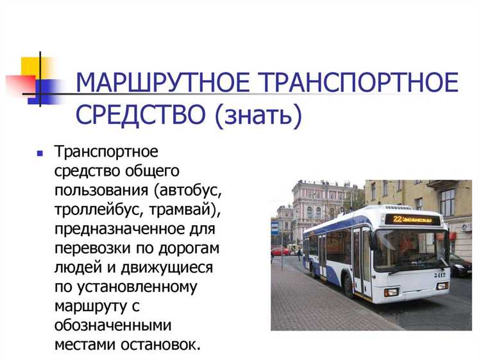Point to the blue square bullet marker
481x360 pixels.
coord(40,154)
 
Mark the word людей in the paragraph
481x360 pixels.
coord(76,267)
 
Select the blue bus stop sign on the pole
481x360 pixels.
coord(275,228)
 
